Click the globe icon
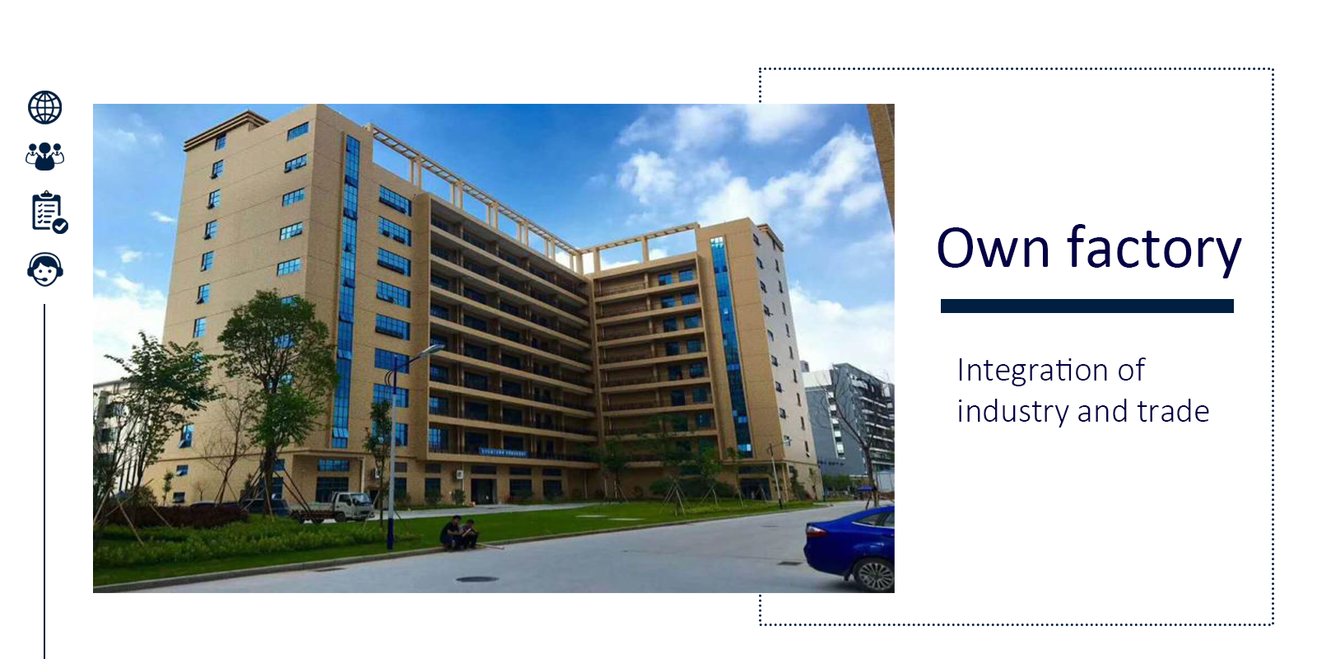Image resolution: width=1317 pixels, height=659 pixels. [44, 108]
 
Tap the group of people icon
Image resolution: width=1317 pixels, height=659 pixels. [44, 156]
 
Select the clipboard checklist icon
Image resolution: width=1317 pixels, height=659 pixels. [49, 212]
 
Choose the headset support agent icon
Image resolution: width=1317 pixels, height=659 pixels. [45, 269]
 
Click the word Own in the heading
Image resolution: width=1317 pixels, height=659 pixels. [993, 248]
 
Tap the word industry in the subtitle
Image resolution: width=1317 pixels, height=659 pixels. [1012, 411]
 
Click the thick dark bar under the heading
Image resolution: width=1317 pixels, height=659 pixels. [1087, 306]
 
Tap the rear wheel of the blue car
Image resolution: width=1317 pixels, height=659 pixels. [873, 574]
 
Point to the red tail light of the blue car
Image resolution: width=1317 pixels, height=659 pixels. [815, 532]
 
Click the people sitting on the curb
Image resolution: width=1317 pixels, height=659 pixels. [459, 533]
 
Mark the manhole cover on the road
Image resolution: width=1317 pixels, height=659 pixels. [477, 580]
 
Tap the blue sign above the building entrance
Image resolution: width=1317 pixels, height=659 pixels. [503, 452]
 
